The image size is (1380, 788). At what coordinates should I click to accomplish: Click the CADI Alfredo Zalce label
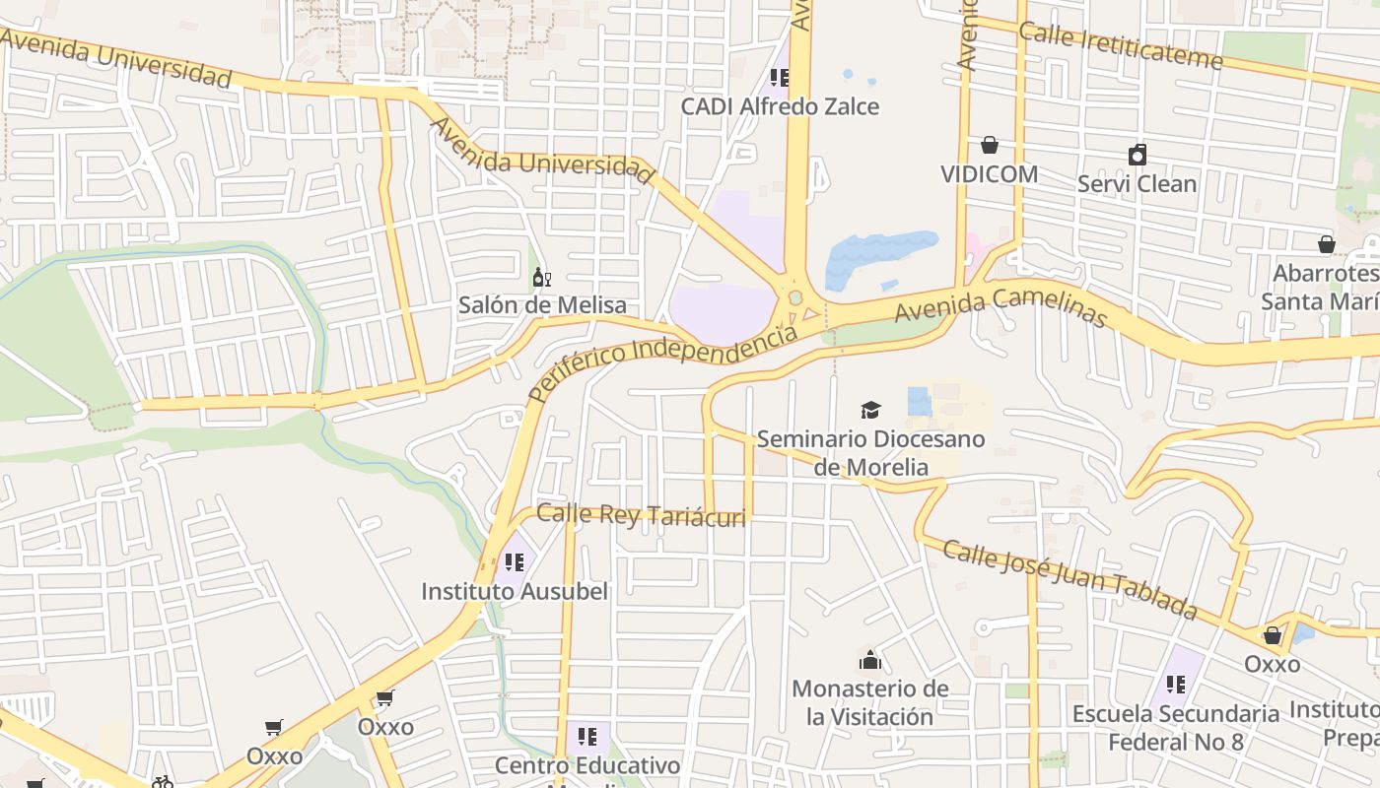pyautogui.click(x=780, y=106)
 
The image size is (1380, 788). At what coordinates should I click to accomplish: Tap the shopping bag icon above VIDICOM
pyautogui.click(x=990, y=146)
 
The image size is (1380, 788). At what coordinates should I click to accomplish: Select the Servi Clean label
pyautogui.click(x=1137, y=184)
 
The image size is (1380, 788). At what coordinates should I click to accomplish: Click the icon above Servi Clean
pyautogui.click(x=1138, y=155)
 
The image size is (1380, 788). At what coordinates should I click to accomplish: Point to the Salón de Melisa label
pyautogui.click(x=542, y=305)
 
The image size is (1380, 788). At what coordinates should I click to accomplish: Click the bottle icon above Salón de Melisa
pyautogui.click(x=540, y=277)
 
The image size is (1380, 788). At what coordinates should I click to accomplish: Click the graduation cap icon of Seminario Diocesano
pyautogui.click(x=870, y=409)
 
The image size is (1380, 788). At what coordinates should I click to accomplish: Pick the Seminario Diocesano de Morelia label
pyautogui.click(x=871, y=452)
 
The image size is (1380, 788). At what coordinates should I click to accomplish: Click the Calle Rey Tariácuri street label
pyautogui.click(x=641, y=514)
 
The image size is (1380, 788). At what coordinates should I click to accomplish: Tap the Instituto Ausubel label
pyautogui.click(x=515, y=592)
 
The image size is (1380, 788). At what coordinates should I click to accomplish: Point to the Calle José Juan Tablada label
pyautogui.click(x=1069, y=579)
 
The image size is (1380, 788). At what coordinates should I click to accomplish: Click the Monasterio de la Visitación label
pyautogui.click(x=870, y=702)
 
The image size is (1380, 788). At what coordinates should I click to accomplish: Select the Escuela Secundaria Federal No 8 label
pyautogui.click(x=1175, y=727)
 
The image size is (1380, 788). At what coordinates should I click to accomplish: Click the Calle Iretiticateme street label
pyautogui.click(x=1120, y=45)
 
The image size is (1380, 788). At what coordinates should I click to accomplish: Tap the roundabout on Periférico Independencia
pyautogui.click(x=794, y=297)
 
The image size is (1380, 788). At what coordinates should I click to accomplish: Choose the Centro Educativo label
pyautogui.click(x=587, y=765)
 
